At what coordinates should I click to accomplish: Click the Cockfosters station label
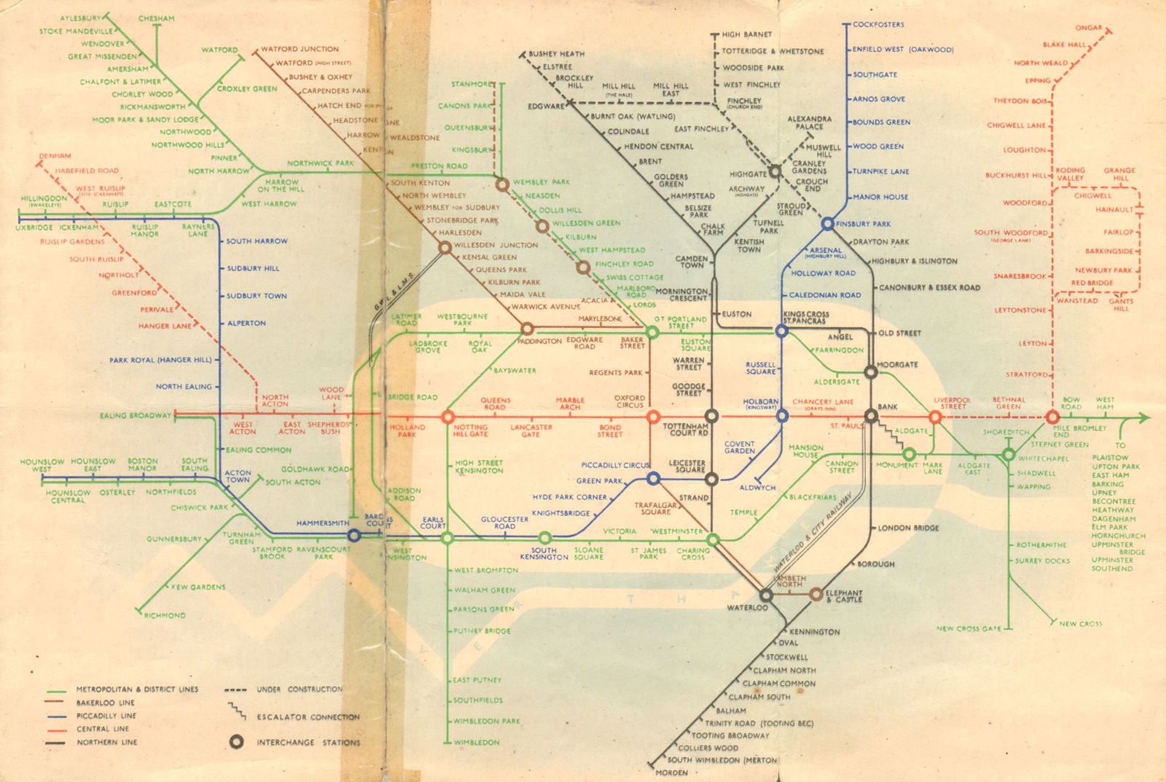(x=878, y=24)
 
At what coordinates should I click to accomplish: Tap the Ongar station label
(x=1089, y=28)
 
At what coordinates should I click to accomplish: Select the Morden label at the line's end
(x=671, y=773)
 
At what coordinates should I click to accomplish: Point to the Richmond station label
(x=165, y=615)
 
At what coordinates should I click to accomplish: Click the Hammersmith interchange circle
(x=354, y=536)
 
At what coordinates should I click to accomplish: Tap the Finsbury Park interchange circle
(x=827, y=224)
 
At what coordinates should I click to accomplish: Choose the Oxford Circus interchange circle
(x=653, y=417)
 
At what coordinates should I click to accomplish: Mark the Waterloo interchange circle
(x=767, y=595)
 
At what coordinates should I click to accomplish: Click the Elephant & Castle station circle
(x=816, y=594)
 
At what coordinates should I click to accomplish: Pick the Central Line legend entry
(x=103, y=729)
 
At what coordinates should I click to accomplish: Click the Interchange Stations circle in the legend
(x=235, y=742)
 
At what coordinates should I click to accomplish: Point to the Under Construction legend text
(x=300, y=689)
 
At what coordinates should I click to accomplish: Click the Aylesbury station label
(x=80, y=18)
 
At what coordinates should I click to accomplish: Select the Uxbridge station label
(x=34, y=227)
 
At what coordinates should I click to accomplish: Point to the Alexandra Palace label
(x=809, y=122)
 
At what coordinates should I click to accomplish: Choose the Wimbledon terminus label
(x=477, y=742)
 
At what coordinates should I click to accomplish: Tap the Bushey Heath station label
(x=556, y=54)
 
